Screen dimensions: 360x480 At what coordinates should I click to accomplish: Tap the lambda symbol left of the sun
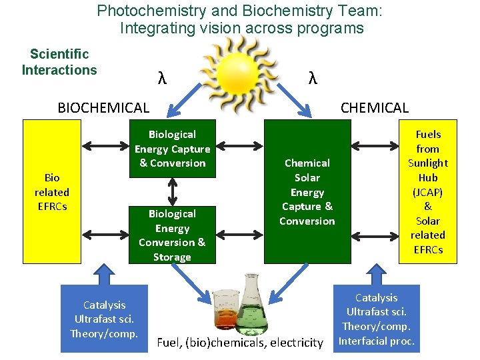click(x=161, y=78)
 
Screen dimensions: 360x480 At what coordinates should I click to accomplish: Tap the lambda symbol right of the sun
click(x=312, y=78)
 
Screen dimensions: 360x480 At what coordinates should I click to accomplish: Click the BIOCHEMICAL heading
click(x=103, y=107)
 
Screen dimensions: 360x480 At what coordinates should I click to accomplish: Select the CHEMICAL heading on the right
click(x=374, y=107)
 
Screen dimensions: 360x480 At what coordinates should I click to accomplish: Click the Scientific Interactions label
click(x=59, y=62)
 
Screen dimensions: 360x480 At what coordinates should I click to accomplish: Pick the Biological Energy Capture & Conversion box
click(x=172, y=149)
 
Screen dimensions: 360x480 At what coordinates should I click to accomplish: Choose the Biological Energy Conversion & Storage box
click(x=172, y=235)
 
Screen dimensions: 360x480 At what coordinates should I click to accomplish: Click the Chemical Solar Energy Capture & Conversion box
click(x=307, y=191)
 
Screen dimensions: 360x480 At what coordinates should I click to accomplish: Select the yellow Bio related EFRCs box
click(x=52, y=191)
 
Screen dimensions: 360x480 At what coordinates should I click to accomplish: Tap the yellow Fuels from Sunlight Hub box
click(x=427, y=191)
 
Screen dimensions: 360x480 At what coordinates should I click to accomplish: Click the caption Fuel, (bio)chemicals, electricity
click(x=239, y=343)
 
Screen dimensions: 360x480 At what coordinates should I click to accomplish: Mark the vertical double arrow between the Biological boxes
click(x=173, y=190)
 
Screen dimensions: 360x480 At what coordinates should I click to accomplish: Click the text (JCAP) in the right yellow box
click(x=427, y=192)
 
